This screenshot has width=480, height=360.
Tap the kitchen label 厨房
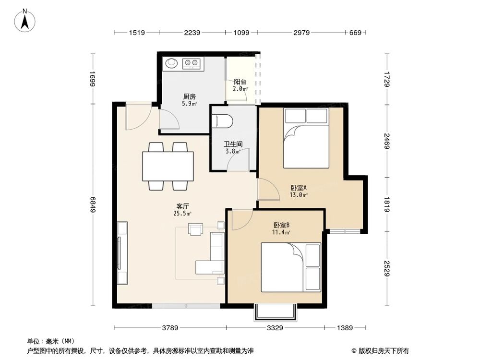(x=188, y=96)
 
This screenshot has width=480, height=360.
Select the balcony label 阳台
(x=240, y=82)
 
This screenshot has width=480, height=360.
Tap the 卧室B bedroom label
(x=281, y=225)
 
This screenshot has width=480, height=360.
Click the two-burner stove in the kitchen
(x=192, y=63)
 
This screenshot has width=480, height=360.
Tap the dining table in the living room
(x=168, y=166)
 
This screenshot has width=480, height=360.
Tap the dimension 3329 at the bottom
(x=274, y=328)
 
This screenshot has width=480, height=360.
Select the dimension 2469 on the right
(x=387, y=142)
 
